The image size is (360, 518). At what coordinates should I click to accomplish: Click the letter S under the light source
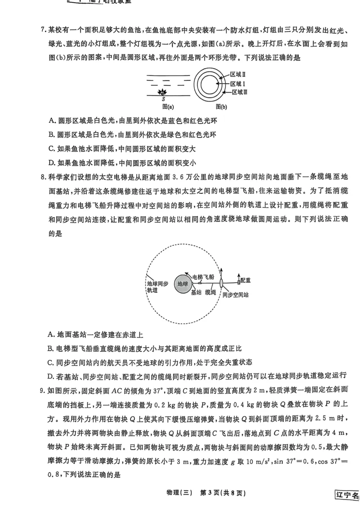[x=163, y=99]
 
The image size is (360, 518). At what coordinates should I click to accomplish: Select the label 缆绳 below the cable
[x=210, y=292]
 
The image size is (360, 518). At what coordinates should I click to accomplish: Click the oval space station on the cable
[x=221, y=284]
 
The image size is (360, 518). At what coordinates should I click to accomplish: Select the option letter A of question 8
[x=50, y=335]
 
